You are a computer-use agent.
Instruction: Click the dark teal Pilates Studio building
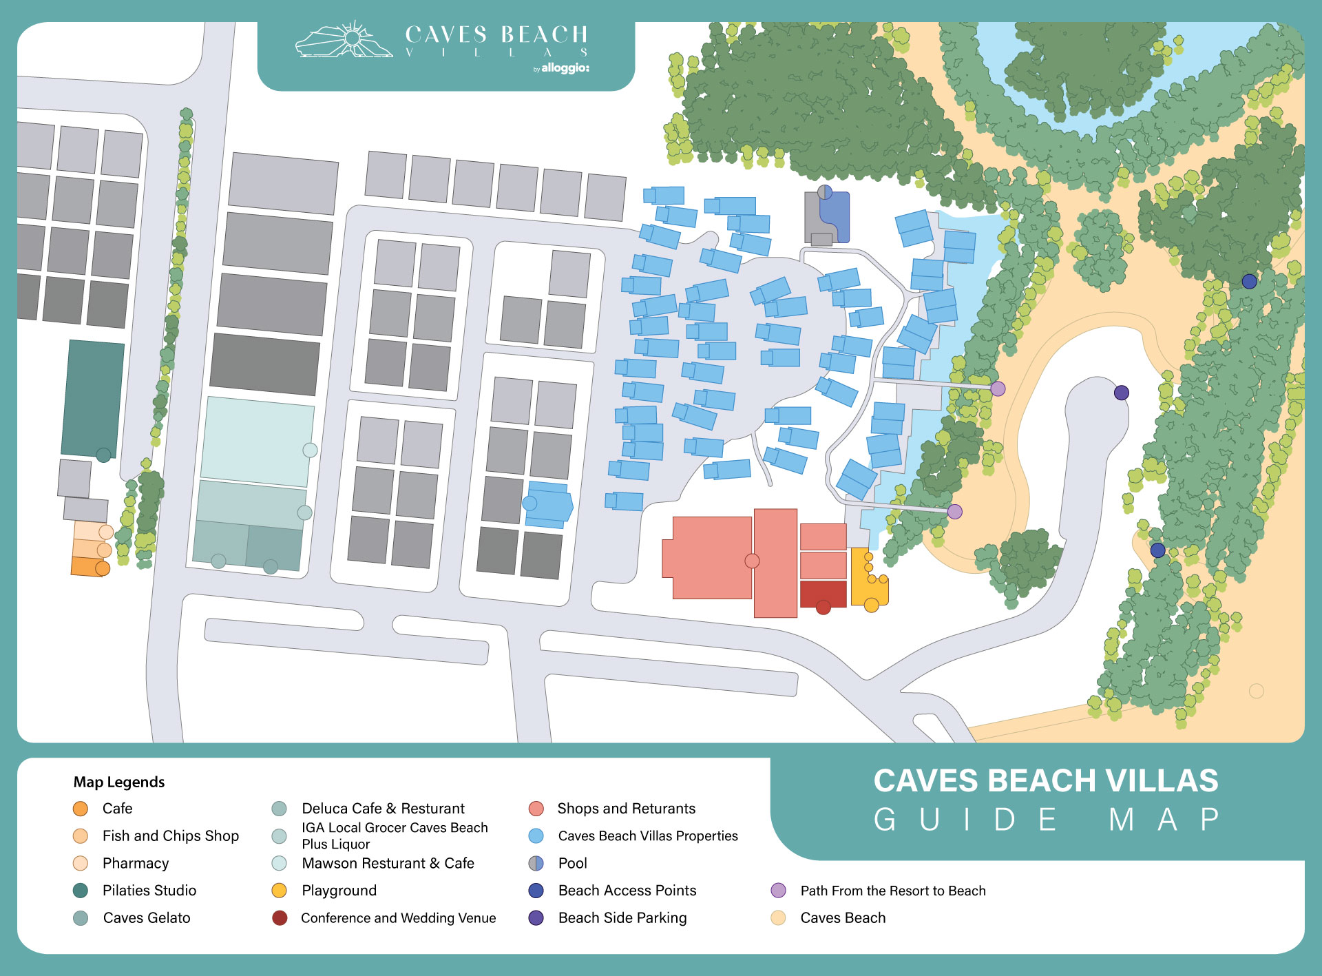(x=93, y=398)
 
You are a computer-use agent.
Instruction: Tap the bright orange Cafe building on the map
(x=87, y=566)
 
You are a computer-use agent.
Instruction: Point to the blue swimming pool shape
(x=835, y=217)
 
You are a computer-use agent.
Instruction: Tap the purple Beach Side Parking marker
(x=1122, y=393)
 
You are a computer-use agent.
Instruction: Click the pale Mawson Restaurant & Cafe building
(x=256, y=441)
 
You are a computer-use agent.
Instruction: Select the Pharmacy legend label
(x=136, y=863)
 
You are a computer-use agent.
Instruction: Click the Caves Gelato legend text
(x=147, y=917)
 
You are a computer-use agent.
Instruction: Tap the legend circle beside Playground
(x=279, y=891)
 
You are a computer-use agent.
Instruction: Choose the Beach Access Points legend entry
(x=627, y=891)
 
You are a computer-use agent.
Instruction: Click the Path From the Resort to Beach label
(x=893, y=891)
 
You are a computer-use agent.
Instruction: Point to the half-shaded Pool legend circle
(x=536, y=863)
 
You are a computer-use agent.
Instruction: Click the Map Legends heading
(x=119, y=782)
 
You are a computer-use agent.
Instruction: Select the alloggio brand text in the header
(x=565, y=68)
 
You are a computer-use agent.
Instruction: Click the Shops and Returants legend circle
(x=536, y=809)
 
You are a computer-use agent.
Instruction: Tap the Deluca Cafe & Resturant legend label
(x=383, y=809)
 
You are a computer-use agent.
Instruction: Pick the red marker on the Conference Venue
(x=823, y=608)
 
